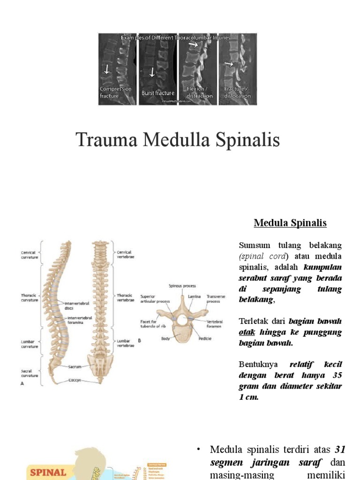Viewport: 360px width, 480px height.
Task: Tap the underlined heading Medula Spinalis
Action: click(x=290, y=223)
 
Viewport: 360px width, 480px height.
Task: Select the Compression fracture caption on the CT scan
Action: click(x=115, y=92)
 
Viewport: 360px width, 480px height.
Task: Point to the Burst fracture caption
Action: click(x=158, y=93)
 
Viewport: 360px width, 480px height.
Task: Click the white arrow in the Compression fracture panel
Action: click(x=107, y=69)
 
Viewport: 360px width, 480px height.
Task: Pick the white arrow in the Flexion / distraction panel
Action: click(x=193, y=45)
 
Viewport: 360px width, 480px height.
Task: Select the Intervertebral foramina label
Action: click(x=79, y=320)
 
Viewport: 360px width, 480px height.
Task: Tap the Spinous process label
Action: click(x=182, y=285)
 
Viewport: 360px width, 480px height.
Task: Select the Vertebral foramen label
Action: click(x=215, y=324)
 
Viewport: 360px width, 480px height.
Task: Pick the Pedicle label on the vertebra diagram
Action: click(x=205, y=338)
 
